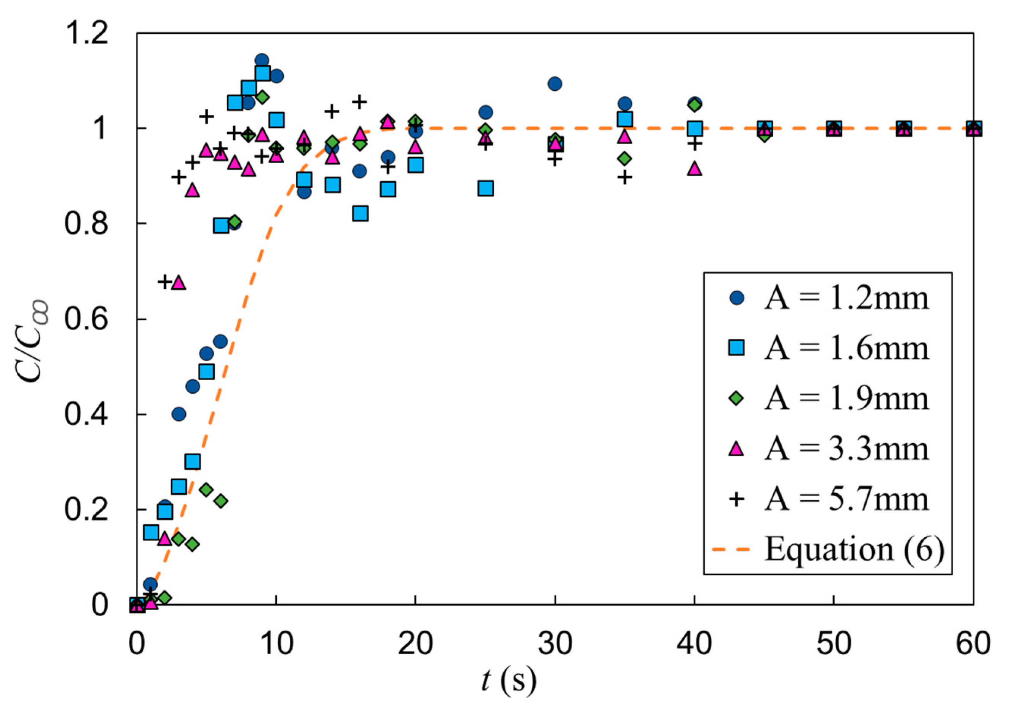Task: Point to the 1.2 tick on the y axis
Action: click(86, 33)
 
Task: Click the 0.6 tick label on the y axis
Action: click(86, 319)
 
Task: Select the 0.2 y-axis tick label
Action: click(86, 510)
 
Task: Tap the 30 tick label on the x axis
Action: click(555, 644)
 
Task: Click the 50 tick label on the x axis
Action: click(834, 644)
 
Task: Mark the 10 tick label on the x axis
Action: click(276, 644)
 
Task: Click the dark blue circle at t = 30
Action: click(555, 83)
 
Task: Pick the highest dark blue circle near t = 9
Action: click(262, 61)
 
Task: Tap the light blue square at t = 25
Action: click(485, 188)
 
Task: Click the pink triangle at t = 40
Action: click(694, 168)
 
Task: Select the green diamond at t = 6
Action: click(221, 501)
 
